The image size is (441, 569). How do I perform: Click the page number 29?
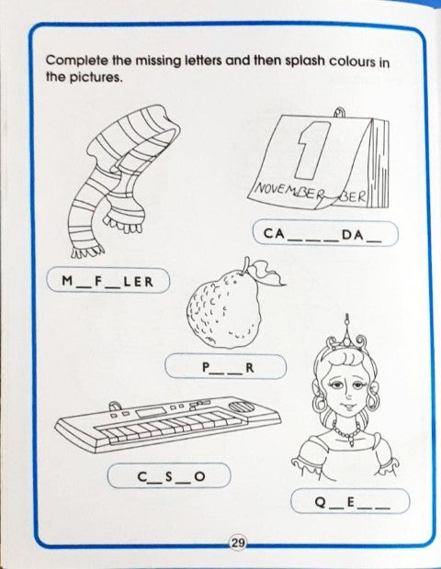click(x=238, y=543)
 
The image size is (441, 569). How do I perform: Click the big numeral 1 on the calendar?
click(x=311, y=150)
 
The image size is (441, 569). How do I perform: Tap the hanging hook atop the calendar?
click(x=340, y=113)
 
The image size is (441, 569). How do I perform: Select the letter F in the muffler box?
click(x=97, y=281)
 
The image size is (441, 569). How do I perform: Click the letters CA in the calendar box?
click(x=275, y=233)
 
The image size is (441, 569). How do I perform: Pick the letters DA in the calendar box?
click(x=353, y=235)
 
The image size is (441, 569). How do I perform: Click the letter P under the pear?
click(x=206, y=368)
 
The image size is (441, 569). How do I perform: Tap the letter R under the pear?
click(x=250, y=368)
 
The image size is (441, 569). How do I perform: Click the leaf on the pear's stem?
click(x=267, y=274)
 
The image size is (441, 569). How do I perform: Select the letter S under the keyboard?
click(x=169, y=476)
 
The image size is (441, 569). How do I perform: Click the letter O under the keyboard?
click(x=199, y=476)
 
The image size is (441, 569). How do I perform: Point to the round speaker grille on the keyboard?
click(x=242, y=407)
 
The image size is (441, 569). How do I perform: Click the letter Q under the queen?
click(x=321, y=502)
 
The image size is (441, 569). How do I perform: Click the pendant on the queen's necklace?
click(x=351, y=441)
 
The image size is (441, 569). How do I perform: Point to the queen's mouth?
click(x=347, y=405)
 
